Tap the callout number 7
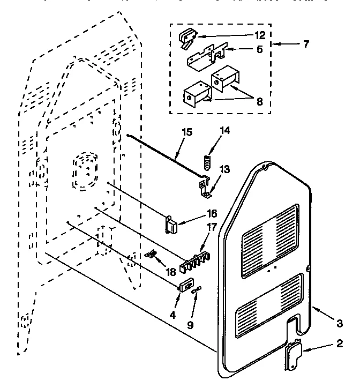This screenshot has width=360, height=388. pos(305,44)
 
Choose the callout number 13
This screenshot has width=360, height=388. pos(225,170)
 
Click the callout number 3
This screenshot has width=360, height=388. pos(339,323)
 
